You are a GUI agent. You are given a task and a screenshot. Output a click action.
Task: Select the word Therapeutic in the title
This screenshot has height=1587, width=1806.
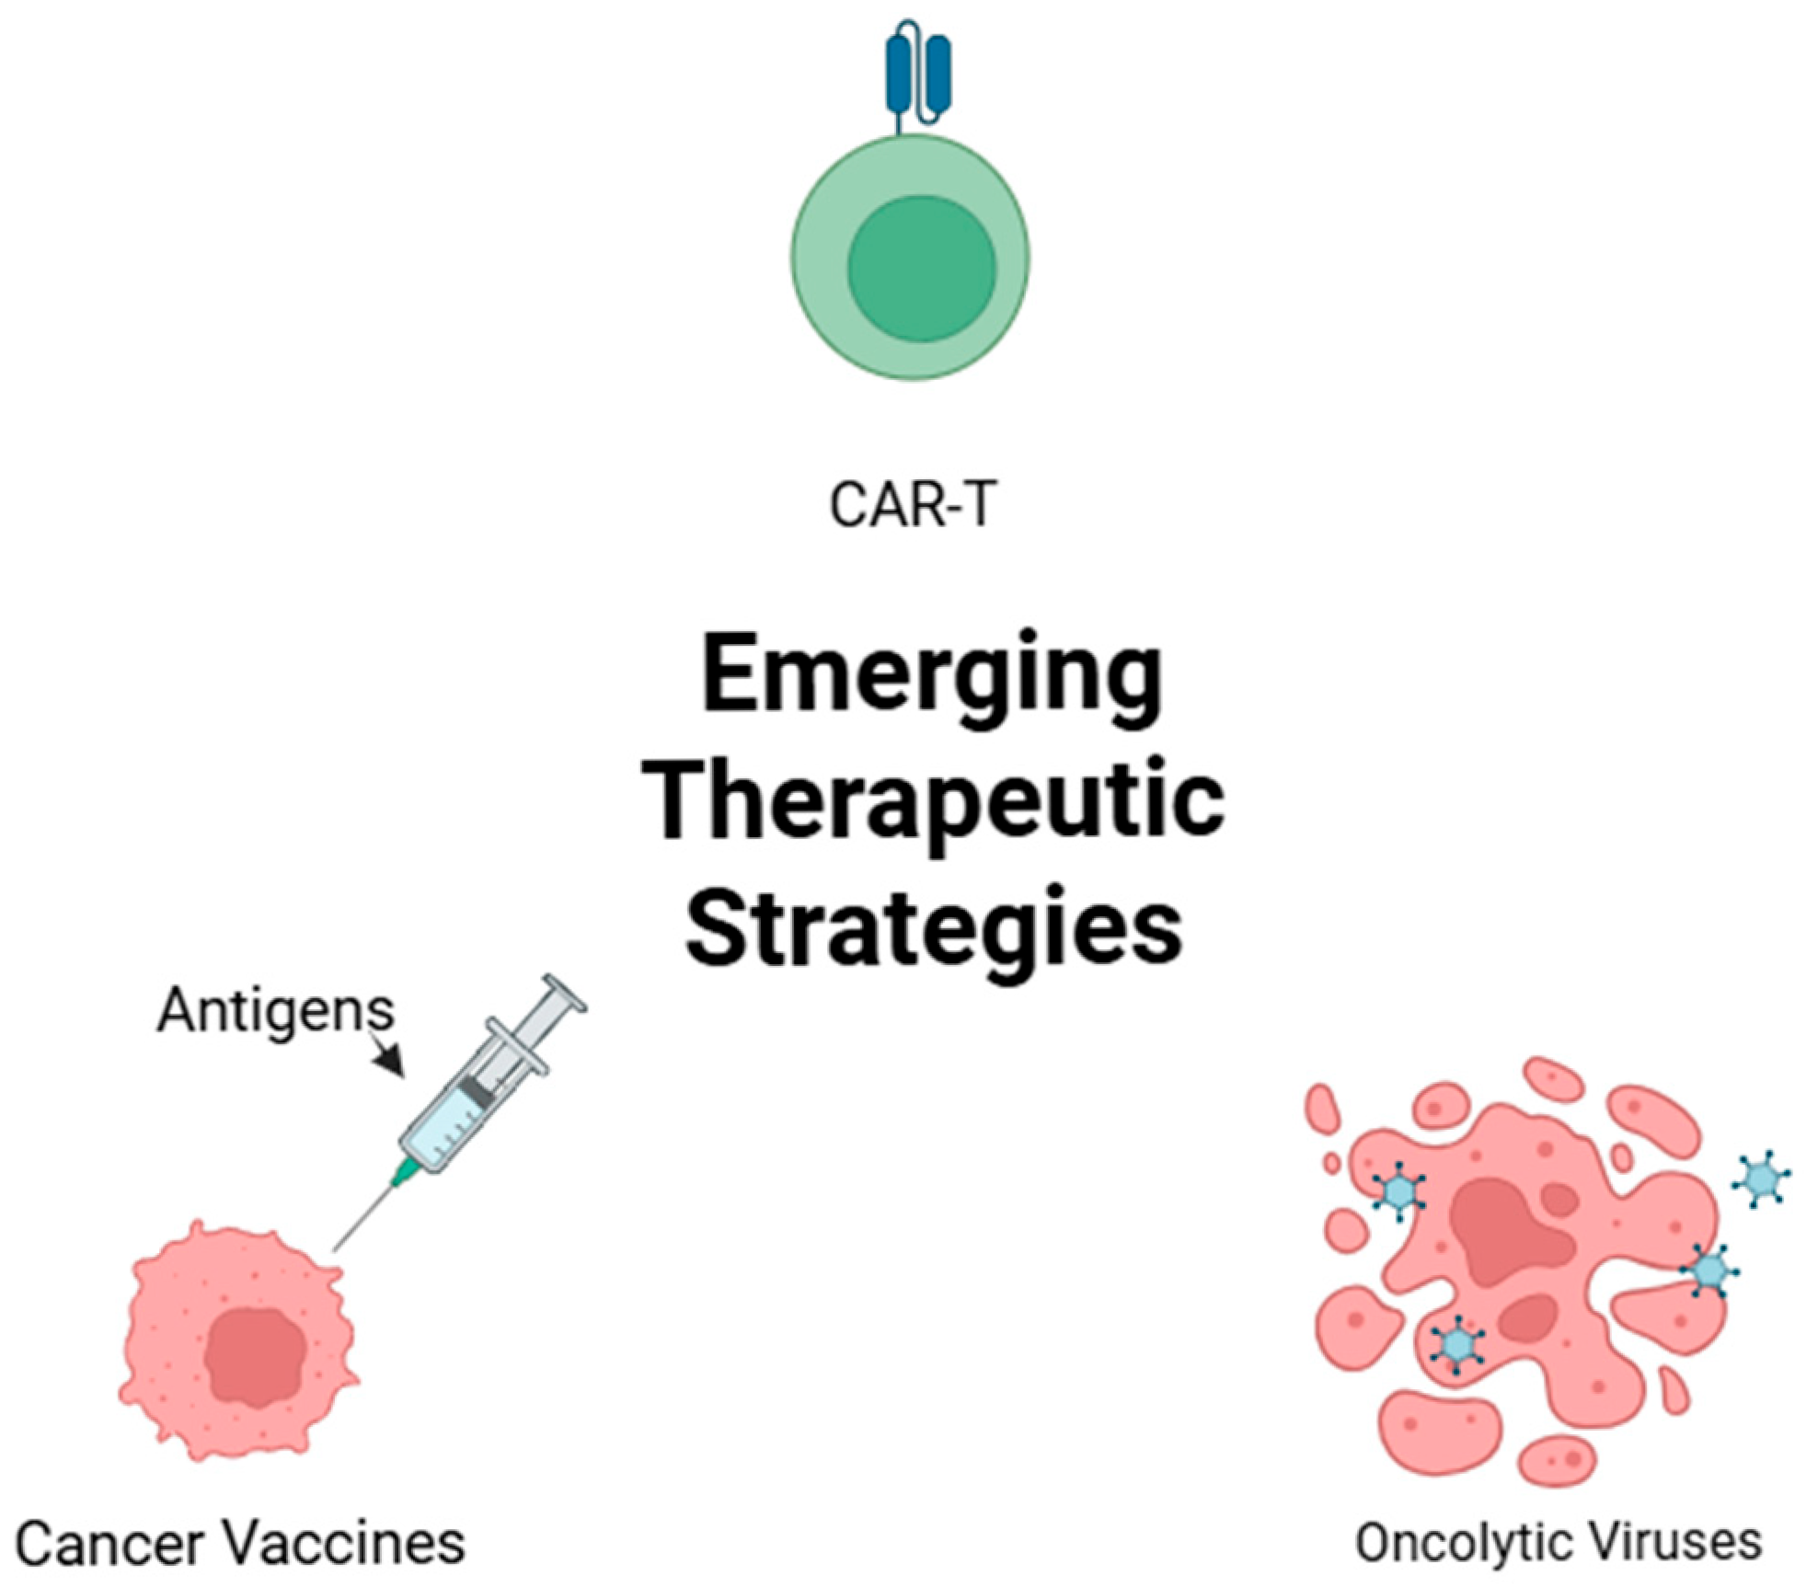pos(933,801)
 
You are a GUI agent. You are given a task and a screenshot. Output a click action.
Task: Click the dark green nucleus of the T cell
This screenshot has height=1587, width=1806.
pos(921,269)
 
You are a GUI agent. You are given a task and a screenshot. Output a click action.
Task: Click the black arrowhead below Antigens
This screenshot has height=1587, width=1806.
pos(391,1063)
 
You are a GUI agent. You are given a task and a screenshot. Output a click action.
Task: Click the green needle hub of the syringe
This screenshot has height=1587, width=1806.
pos(404,1173)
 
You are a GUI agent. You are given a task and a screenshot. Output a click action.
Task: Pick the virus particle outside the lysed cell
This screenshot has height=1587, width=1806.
pos(1761,1177)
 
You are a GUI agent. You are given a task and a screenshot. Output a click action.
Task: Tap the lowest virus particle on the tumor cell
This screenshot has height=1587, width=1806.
pos(1456,1344)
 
